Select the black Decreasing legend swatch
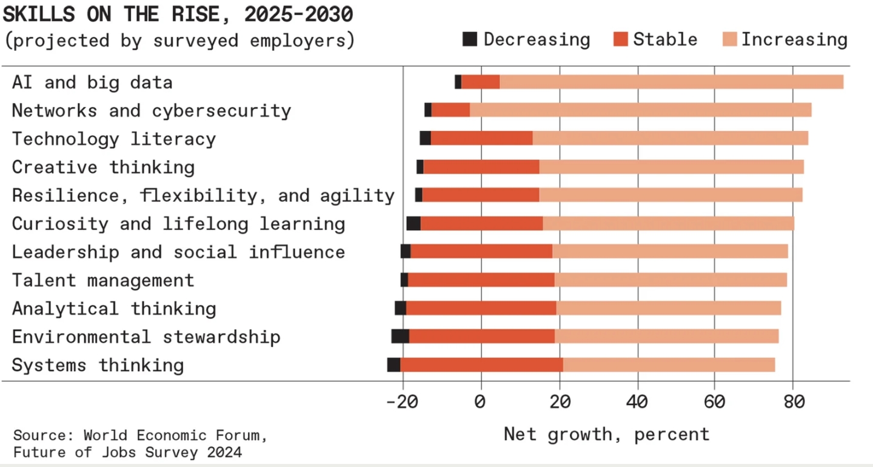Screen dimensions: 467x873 click(x=470, y=39)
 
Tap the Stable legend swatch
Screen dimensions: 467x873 click(x=620, y=39)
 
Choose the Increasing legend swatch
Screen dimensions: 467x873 click(x=729, y=39)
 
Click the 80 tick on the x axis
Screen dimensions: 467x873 click(x=794, y=401)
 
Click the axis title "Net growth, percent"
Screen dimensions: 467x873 click(x=606, y=434)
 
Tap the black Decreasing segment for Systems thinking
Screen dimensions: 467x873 click(x=393, y=365)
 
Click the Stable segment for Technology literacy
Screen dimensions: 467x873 click(x=482, y=138)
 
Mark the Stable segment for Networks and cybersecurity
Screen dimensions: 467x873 click(x=450, y=110)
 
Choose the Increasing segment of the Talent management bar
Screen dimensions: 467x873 click(x=671, y=280)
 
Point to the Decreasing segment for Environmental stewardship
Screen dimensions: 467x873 click(x=400, y=337)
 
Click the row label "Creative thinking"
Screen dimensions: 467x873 click(x=103, y=167)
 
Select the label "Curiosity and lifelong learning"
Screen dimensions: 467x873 click(x=178, y=223)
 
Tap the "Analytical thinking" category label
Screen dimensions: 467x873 click(x=114, y=308)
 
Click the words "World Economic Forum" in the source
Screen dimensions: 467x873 click(x=175, y=435)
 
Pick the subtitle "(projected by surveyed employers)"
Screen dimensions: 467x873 click(x=179, y=41)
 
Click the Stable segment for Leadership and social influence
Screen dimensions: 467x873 click(x=481, y=252)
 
